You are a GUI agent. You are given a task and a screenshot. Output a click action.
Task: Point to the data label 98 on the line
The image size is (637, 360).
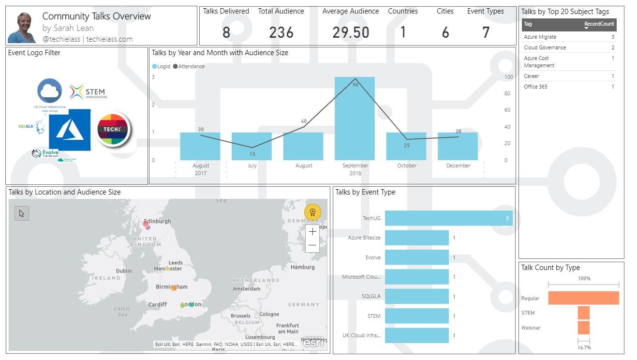355,85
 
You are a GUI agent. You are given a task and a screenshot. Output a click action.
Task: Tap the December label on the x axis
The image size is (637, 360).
458,165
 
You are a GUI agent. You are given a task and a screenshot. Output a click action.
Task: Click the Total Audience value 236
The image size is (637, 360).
281,32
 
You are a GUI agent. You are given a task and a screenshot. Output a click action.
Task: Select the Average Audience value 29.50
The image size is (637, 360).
351,32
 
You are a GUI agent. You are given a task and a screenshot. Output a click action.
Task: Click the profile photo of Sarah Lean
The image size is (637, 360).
22,28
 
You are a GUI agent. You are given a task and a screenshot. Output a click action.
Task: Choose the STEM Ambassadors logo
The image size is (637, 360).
88,92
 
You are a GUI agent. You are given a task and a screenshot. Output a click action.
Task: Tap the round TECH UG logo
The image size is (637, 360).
113,129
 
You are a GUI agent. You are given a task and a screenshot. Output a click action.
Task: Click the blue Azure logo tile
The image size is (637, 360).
70,130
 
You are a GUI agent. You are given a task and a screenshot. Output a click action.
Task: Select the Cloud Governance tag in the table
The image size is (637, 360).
545,47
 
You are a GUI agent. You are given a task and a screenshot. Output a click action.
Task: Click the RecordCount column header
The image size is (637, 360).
599,24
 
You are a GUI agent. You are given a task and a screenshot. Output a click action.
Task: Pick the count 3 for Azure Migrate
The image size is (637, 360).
613,37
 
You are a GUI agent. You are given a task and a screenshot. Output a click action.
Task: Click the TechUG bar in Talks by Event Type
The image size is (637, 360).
448,218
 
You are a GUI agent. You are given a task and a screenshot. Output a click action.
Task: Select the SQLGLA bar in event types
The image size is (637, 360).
416,297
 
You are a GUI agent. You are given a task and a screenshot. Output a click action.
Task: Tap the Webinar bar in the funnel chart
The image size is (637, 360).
584,328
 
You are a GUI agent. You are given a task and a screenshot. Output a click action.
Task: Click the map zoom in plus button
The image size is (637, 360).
312,232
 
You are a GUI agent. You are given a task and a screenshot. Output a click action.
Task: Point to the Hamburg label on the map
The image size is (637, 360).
302,267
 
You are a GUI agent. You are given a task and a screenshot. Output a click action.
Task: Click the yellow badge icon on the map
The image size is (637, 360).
312,212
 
